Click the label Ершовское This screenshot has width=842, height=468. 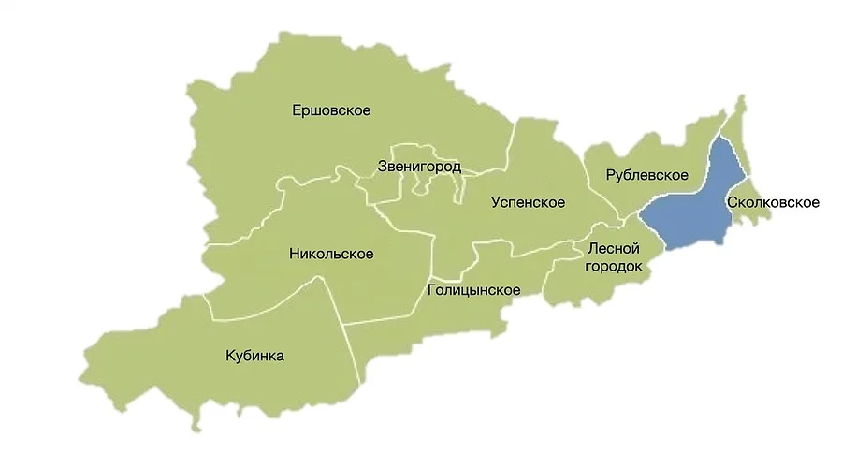click(x=331, y=110)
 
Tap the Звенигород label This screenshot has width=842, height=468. click(x=418, y=167)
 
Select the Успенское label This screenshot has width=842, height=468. click(x=529, y=202)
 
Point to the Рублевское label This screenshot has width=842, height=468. click(x=646, y=175)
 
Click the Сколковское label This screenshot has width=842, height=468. click(x=773, y=202)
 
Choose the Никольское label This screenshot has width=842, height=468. click(x=331, y=254)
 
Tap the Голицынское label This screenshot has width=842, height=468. click(x=473, y=290)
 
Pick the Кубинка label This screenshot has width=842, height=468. click(x=254, y=356)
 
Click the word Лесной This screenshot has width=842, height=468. click(x=613, y=249)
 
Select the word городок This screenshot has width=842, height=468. click(x=614, y=267)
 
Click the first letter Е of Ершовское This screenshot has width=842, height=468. click(x=297, y=110)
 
